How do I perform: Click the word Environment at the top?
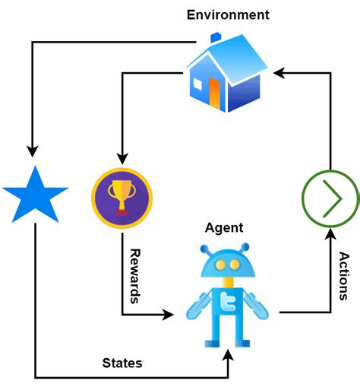228,14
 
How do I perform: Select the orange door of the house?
214,91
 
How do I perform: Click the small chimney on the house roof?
216,37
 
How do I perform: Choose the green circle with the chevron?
330,195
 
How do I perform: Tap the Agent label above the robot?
224,227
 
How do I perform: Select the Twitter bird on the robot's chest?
225,302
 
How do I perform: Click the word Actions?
344,276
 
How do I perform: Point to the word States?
122,363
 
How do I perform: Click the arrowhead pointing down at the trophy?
122,160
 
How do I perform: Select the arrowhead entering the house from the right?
279,73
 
